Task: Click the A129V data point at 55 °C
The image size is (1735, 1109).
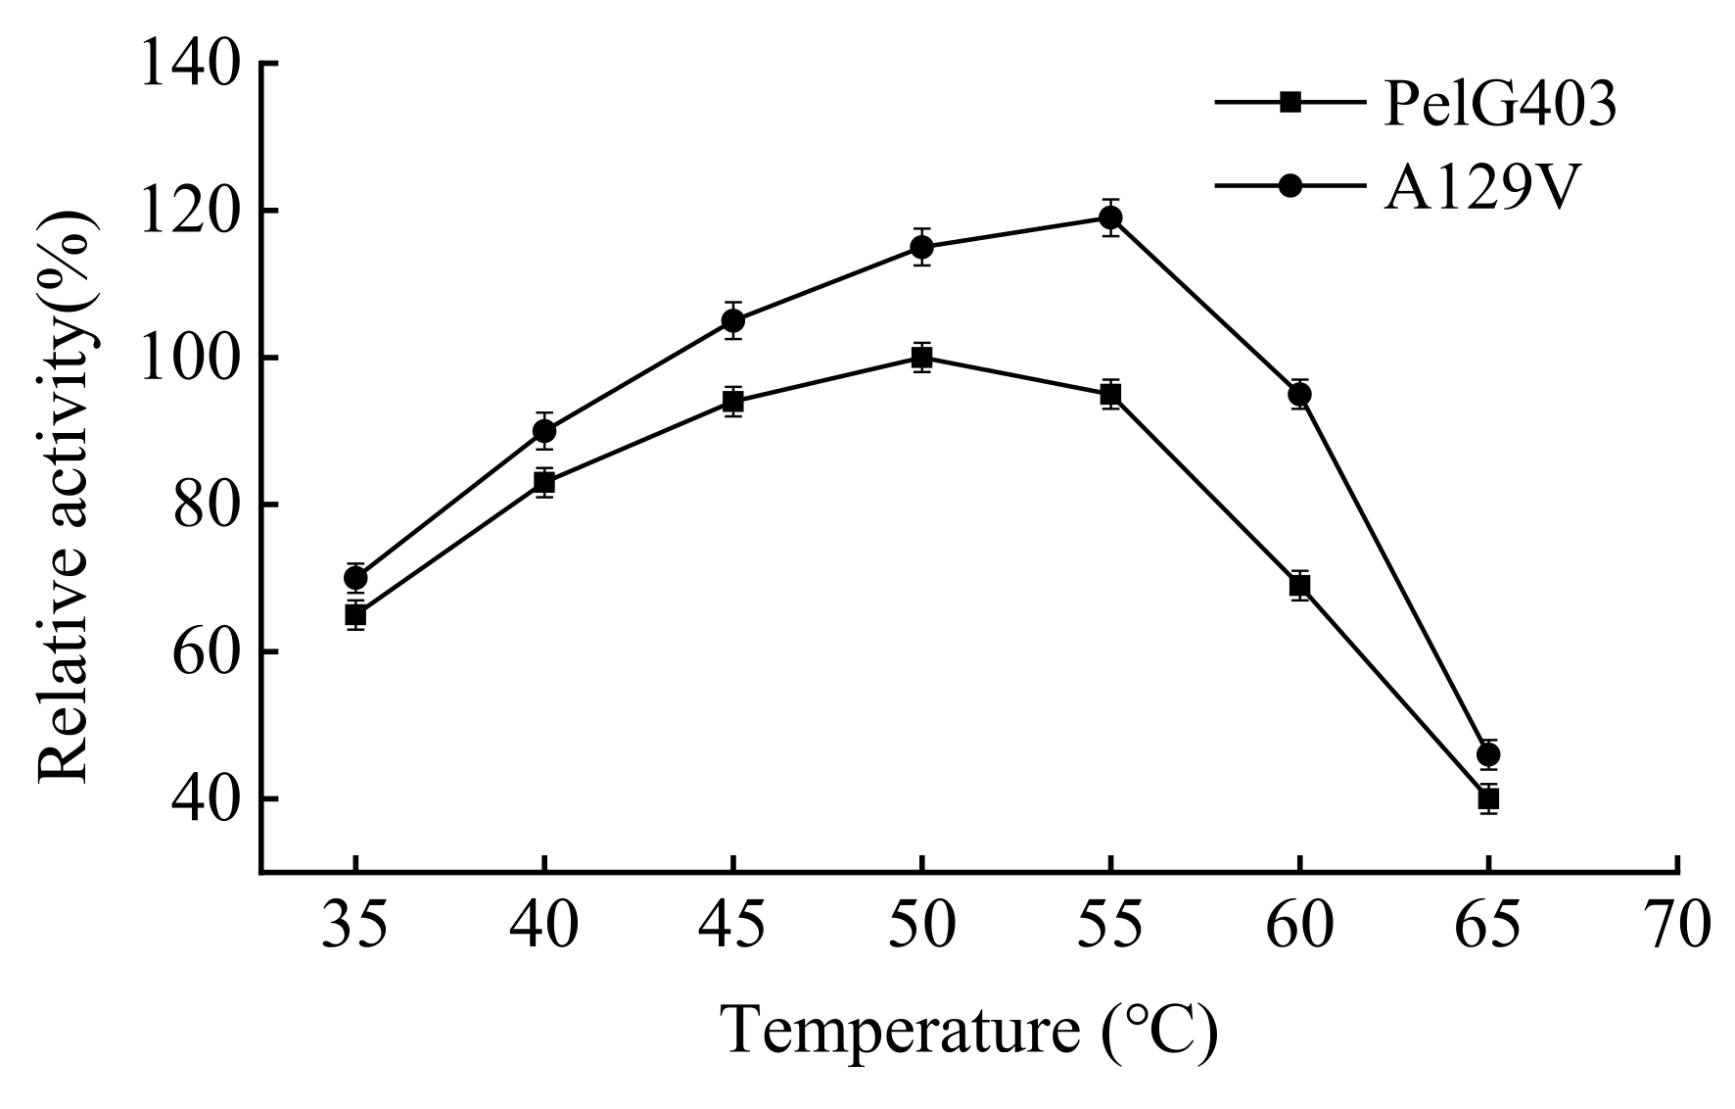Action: [1110, 217]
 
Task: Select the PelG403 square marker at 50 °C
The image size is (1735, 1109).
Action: [921, 358]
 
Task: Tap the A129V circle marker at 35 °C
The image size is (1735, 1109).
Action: [355, 578]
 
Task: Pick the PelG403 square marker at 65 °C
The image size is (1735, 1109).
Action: [1488, 798]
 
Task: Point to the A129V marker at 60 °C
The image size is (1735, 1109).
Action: [1299, 395]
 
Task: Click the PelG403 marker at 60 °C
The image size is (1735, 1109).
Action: [1299, 586]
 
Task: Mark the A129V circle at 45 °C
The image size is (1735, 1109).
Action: [732, 320]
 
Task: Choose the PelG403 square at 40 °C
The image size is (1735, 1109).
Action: [544, 482]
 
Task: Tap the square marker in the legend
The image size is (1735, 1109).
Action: [1290, 102]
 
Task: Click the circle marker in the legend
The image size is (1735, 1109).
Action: [1290, 185]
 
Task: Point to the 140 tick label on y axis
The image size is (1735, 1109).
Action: [190, 65]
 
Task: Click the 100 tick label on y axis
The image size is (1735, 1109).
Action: [190, 359]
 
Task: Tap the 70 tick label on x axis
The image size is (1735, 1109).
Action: [1677, 926]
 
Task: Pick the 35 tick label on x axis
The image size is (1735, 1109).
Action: [355, 926]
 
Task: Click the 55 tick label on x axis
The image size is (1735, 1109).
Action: [1110, 926]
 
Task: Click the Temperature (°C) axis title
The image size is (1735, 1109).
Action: [969, 1032]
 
